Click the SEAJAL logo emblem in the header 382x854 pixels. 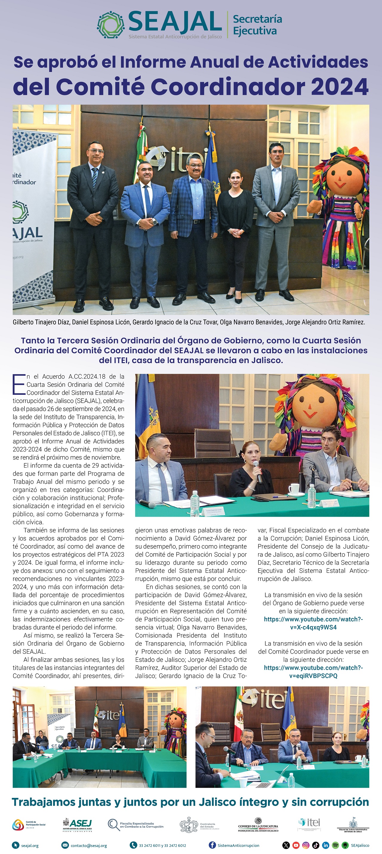click(111, 25)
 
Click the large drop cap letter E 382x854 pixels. click(19, 385)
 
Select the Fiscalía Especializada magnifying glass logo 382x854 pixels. click(114, 824)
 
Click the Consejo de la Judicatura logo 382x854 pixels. click(258, 825)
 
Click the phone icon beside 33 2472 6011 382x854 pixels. click(133, 845)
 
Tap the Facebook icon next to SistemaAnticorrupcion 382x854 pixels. click(212, 845)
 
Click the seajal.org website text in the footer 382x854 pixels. click(30, 845)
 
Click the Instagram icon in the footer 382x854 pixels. click(306, 845)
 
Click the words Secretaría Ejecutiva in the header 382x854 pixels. click(258, 25)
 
